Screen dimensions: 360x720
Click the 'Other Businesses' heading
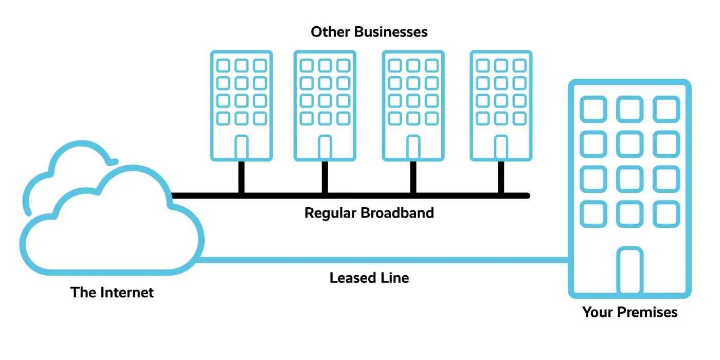pyautogui.click(x=369, y=32)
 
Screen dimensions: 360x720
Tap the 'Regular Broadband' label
pyautogui.click(x=369, y=212)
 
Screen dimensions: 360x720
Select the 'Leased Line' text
pyautogui.click(x=369, y=278)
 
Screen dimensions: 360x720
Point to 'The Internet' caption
pyautogui.click(x=112, y=293)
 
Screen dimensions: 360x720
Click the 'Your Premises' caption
pyautogui.click(x=629, y=312)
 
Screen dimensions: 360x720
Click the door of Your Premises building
pyautogui.click(x=629, y=271)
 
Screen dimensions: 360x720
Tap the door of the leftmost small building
pyautogui.click(x=242, y=148)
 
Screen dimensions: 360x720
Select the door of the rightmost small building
pyautogui.click(x=501, y=148)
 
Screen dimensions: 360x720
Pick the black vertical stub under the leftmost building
pyautogui.click(x=242, y=177)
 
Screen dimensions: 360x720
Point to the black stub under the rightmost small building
pyautogui.click(x=501, y=177)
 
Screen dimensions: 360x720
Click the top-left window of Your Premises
pyautogui.click(x=593, y=109)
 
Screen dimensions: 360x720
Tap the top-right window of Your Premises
pyautogui.click(x=666, y=109)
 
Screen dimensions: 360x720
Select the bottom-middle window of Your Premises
pyautogui.click(x=629, y=214)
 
